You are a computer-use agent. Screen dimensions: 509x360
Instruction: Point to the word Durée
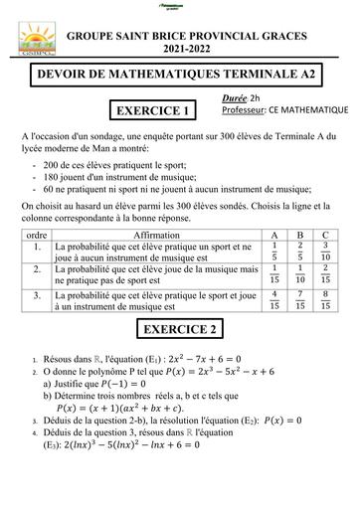237,98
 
